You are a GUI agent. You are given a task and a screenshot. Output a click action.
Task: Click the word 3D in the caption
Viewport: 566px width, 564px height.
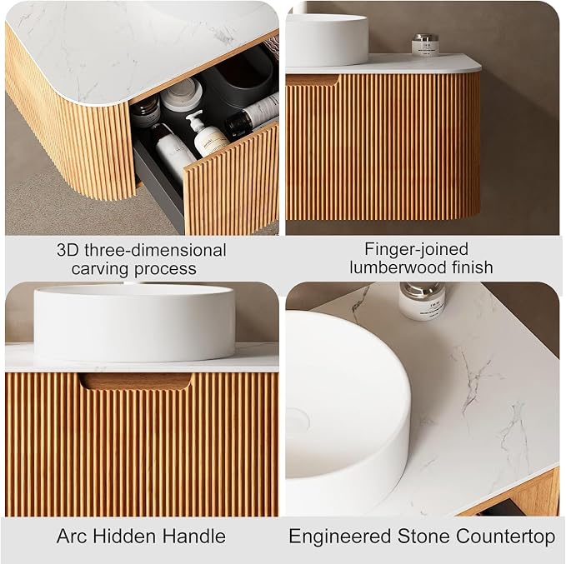68,250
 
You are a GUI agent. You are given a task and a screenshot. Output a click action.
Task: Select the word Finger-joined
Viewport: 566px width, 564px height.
416,249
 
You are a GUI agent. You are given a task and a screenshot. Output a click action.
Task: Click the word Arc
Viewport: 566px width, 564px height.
72,536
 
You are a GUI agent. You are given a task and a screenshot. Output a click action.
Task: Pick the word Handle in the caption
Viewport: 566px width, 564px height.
194,536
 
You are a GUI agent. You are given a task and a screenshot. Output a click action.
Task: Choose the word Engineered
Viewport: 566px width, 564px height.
340,537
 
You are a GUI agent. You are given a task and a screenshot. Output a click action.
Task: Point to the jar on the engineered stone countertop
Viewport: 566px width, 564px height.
423,302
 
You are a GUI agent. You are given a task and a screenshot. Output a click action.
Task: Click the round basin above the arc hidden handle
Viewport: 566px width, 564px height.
134,323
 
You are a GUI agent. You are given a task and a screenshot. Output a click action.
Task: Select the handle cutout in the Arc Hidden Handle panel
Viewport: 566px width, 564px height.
136,382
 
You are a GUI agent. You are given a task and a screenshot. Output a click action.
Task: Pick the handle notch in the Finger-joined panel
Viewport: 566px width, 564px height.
313,80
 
